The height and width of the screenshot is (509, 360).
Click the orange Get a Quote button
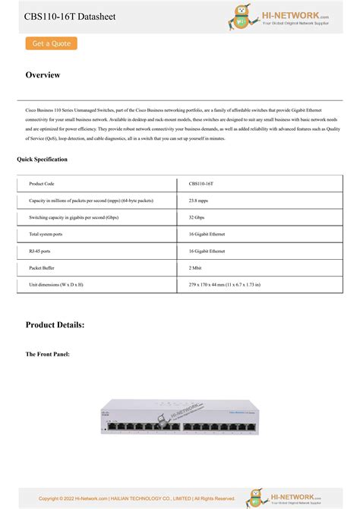[51, 43]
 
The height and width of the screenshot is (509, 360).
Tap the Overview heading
[43, 75]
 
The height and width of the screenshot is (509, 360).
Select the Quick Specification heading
[42, 160]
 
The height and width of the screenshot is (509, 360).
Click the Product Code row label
[42, 184]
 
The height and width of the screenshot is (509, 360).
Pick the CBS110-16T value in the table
[201, 184]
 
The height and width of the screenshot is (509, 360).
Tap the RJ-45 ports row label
[40, 251]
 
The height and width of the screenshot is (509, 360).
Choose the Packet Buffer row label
[43, 267]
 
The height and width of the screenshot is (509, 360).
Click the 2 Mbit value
[195, 267]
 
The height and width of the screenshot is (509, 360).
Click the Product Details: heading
[55, 324]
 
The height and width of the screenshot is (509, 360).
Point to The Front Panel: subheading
[48, 354]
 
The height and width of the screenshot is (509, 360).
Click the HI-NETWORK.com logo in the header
[288, 15]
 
